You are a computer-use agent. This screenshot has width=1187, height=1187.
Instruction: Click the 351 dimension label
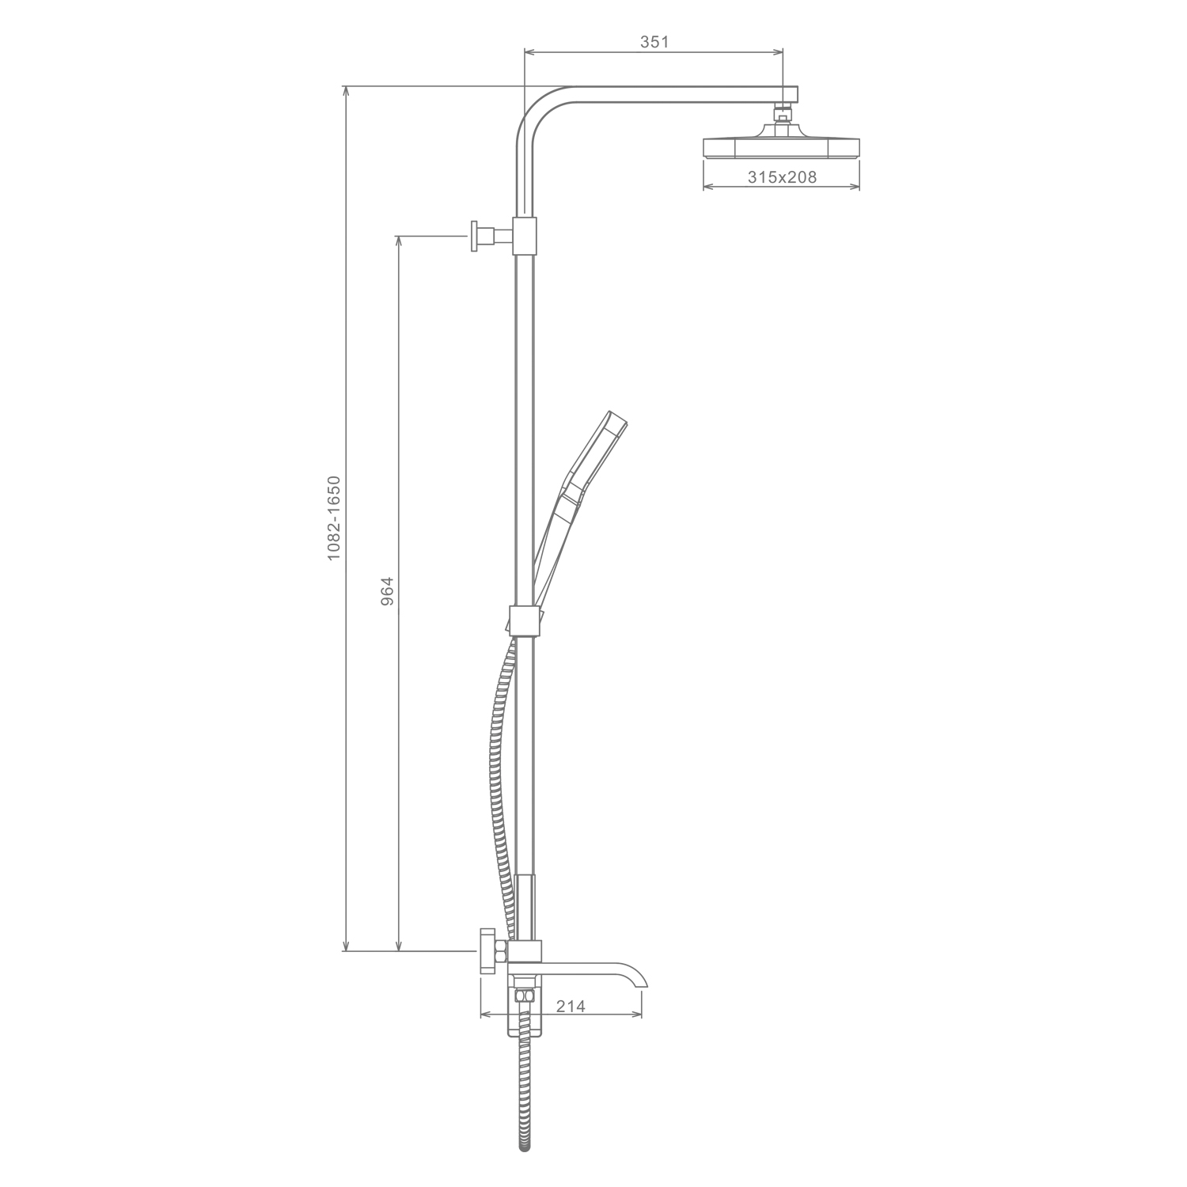coord(654,42)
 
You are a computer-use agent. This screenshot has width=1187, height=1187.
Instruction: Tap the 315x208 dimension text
coord(782,177)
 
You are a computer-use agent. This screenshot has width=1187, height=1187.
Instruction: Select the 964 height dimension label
coord(387,591)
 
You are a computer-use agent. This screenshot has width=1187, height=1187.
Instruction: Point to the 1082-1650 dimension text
coord(334,518)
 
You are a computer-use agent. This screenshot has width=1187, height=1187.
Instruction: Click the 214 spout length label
coord(571,1006)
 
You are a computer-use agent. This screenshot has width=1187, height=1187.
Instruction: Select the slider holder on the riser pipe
coord(522,620)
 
